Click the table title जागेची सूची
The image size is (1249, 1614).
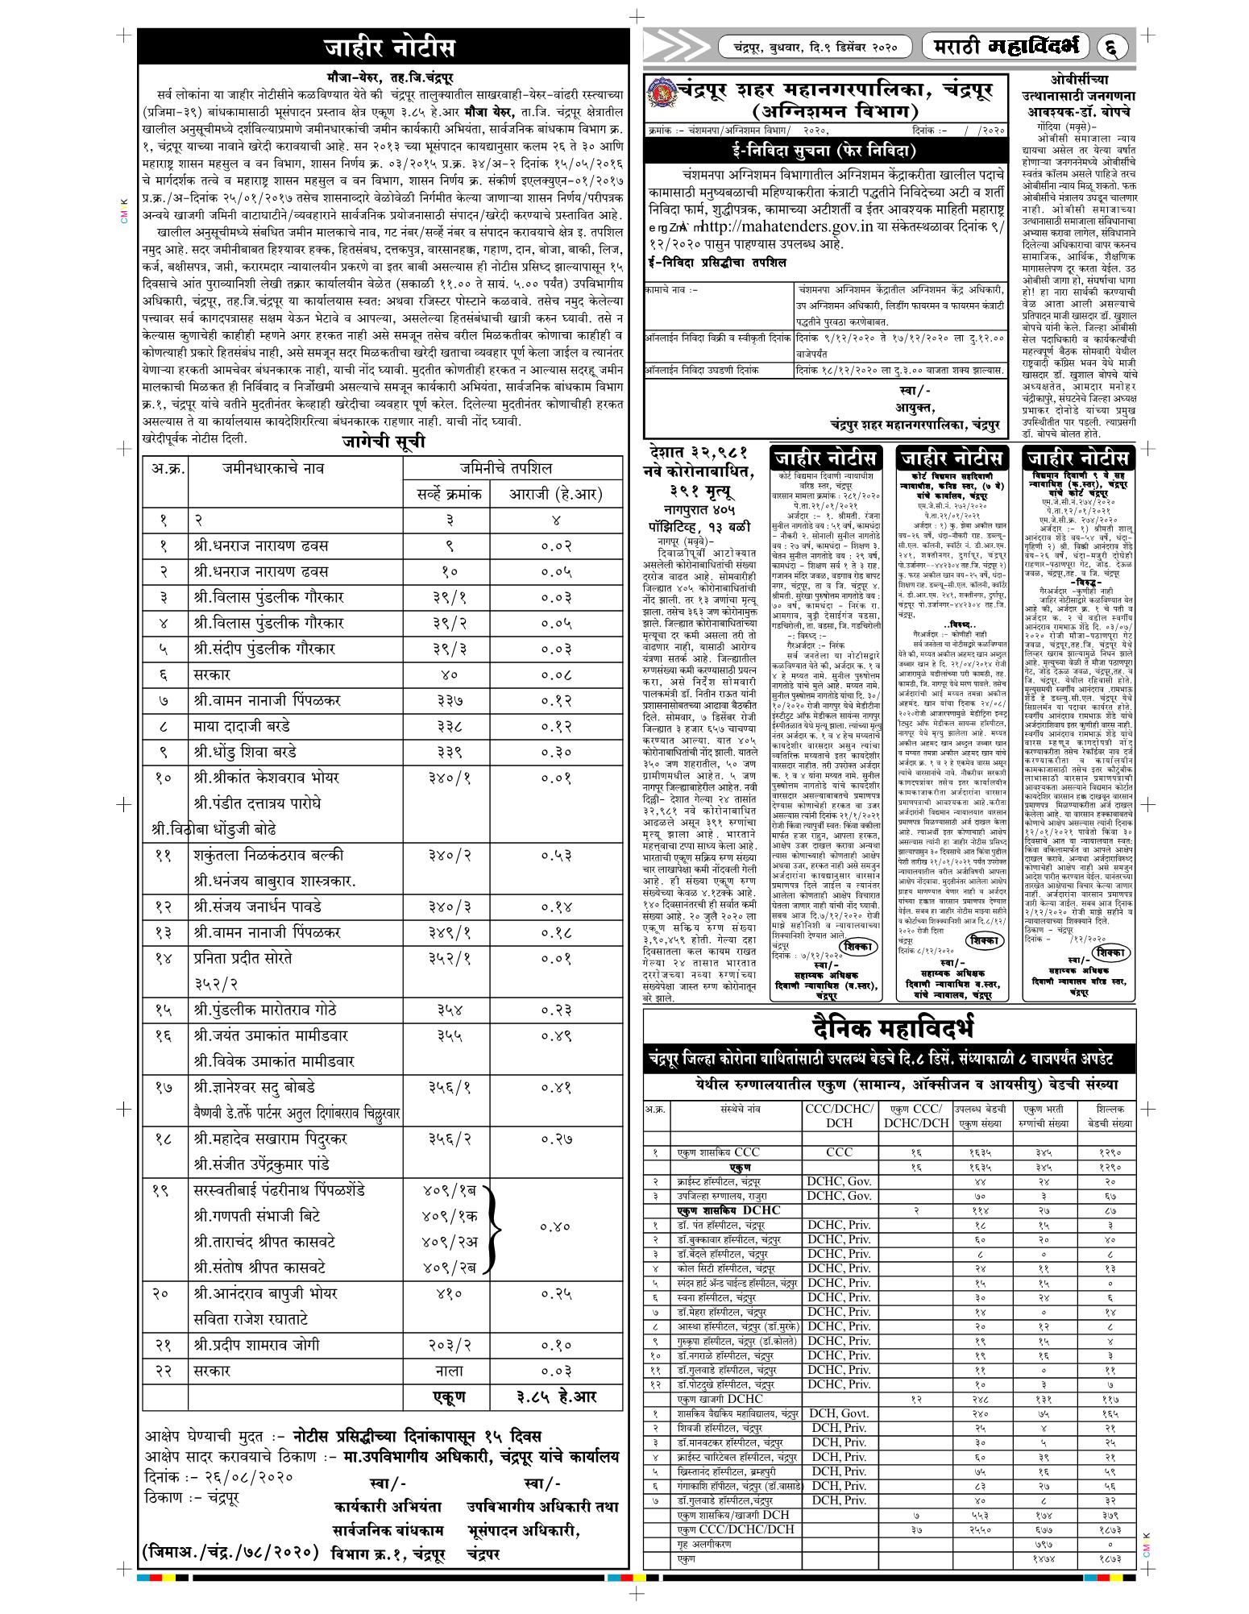[x=383, y=442]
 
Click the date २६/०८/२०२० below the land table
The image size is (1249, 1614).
[x=245, y=1478]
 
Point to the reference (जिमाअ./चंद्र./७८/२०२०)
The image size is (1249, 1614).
[x=230, y=1551]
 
